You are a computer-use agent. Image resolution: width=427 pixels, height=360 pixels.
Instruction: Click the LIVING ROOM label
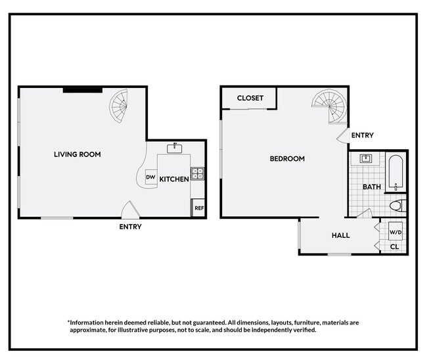pyautogui.click(x=78, y=154)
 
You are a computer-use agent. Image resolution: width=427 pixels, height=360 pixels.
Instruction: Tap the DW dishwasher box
pyautogui.click(x=151, y=177)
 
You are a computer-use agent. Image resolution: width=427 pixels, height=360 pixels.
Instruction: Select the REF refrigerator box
pyautogui.click(x=199, y=208)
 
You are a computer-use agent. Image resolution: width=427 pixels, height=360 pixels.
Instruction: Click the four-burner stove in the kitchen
pyautogui.click(x=198, y=173)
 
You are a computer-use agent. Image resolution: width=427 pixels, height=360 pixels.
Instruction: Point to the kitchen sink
pyautogui.click(x=175, y=148)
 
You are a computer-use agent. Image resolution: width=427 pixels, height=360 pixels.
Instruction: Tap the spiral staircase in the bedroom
pyautogui.click(x=330, y=106)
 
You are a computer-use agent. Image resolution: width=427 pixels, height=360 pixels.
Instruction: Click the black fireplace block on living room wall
pyautogui.click(x=83, y=90)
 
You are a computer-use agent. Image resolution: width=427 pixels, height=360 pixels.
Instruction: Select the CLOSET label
pyautogui.click(x=250, y=98)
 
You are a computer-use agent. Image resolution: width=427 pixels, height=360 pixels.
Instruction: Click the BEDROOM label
pyautogui.click(x=287, y=159)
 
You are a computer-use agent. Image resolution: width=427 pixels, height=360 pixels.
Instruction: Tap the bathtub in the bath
pyautogui.click(x=396, y=173)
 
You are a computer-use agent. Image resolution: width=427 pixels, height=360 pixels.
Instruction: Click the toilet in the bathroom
pyautogui.click(x=397, y=206)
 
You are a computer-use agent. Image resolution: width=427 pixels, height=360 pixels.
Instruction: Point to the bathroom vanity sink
pyautogui.click(x=366, y=158)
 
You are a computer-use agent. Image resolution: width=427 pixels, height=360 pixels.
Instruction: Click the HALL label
pyautogui.click(x=341, y=236)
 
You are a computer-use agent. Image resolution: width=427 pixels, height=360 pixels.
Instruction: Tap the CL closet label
pyautogui.click(x=395, y=247)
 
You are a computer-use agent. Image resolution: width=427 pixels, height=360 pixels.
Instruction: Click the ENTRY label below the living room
pyautogui.click(x=131, y=227)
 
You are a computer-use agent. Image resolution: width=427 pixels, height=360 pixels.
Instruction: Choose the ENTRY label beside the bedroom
pyautogui.click(x=363, y=135)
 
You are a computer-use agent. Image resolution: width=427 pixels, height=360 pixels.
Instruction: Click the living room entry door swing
pyautogui.click(x=131, y=210)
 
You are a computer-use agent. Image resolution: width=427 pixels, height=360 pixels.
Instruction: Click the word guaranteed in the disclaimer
pyautogui.click(x=210, y=323)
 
